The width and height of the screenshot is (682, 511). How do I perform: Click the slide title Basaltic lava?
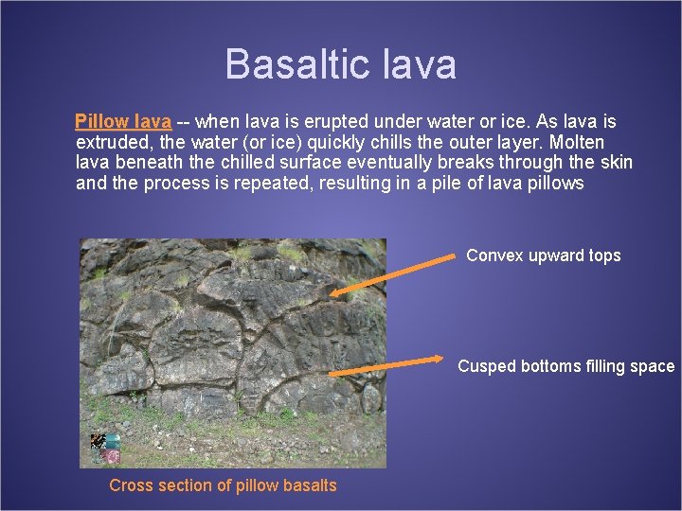tap(341, 64)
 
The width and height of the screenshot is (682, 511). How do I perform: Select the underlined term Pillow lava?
tap(123, 122)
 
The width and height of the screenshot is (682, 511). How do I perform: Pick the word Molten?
tap(577, 143)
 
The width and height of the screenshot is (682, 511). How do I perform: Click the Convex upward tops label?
tap(544, 255)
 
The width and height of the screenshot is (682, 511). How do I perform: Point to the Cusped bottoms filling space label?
tap(565, 366)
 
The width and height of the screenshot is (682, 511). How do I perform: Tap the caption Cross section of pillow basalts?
tap(223, 485)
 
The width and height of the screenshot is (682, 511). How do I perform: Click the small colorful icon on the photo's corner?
tap(104, 447)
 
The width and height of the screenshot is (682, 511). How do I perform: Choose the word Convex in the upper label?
tap(494, 255)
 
